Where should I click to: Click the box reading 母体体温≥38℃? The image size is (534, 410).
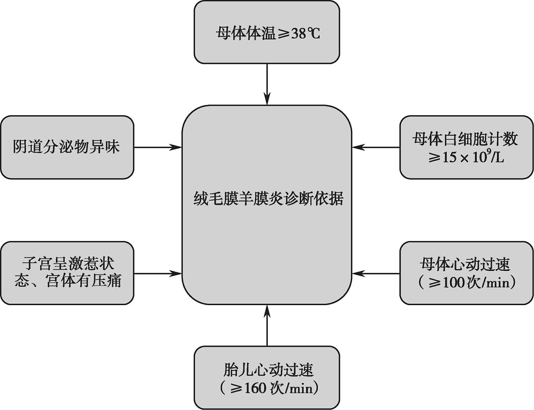[267, 32]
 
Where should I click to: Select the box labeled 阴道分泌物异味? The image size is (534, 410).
[67, 147]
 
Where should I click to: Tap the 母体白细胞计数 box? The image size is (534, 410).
[466, 147]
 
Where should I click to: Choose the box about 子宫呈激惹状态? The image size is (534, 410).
[67, 273]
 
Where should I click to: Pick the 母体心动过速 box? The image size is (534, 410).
[466, 273]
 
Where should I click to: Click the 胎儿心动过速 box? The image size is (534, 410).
[267, 378]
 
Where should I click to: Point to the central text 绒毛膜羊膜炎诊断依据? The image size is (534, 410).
[268, 198]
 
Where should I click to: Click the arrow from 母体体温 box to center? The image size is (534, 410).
[267, 84]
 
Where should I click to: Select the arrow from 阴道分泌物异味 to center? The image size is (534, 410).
[158, 147]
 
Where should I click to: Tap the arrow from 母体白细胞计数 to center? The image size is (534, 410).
[376, 147]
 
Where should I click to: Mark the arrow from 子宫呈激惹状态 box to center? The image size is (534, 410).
[158, 273]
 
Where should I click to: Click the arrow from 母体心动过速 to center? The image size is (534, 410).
[376, 273]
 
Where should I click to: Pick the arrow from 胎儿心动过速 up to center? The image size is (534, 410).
[267, 325]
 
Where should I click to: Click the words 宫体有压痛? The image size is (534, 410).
[84, 281]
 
